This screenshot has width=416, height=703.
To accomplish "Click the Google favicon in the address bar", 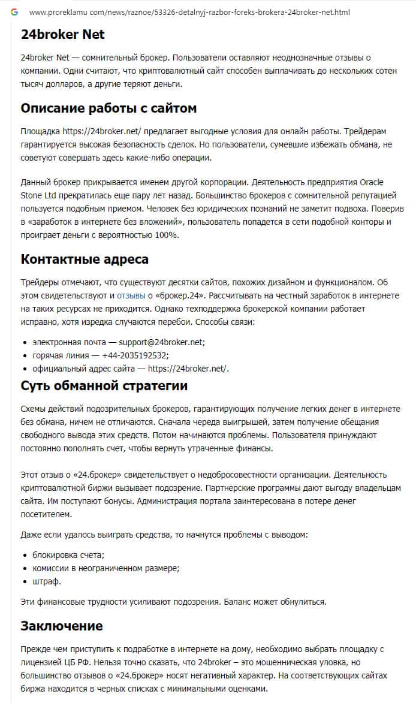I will (14, 12).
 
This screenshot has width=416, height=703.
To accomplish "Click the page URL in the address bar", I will (189, 12).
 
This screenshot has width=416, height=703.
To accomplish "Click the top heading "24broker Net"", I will (62, 35).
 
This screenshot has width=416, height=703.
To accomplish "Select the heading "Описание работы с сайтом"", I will (108, 108).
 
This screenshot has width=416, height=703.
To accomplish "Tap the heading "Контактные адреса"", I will (85, 259).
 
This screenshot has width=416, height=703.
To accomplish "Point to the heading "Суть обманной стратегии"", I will (104, 385).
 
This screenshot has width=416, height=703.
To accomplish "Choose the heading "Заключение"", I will (62, 626).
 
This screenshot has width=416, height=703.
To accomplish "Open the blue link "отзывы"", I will (131, 295).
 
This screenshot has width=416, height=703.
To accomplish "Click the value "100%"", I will (165, 234).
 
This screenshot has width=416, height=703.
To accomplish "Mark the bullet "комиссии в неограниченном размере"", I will (106, 568).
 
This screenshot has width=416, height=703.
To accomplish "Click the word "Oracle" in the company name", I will (371, 182).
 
